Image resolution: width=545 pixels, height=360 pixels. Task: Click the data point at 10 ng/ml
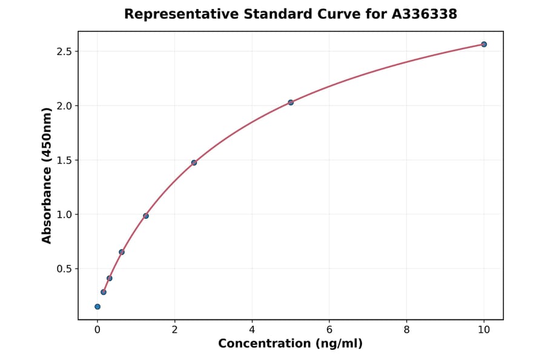pos(484,44)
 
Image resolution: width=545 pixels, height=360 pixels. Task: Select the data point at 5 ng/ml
pos(291,102)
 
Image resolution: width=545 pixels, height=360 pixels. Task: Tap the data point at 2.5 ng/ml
pos(194,162)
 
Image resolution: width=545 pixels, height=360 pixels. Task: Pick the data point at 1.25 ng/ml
pos(146,216)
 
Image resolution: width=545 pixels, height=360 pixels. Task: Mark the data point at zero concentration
pos(97,307)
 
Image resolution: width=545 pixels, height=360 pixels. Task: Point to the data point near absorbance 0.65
pos(122,252)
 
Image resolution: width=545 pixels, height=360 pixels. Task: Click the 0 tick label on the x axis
pos(97,329)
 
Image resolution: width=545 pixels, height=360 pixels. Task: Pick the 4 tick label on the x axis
pos(252,329)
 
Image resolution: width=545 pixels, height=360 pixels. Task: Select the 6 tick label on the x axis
pos(329,329)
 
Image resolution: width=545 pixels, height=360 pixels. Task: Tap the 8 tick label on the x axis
pos(406,329)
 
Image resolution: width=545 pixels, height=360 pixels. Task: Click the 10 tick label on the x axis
pos(484,329)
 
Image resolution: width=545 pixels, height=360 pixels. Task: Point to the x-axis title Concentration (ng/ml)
pos(291,344)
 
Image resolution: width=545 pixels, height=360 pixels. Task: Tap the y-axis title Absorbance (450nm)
pos(47,176)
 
